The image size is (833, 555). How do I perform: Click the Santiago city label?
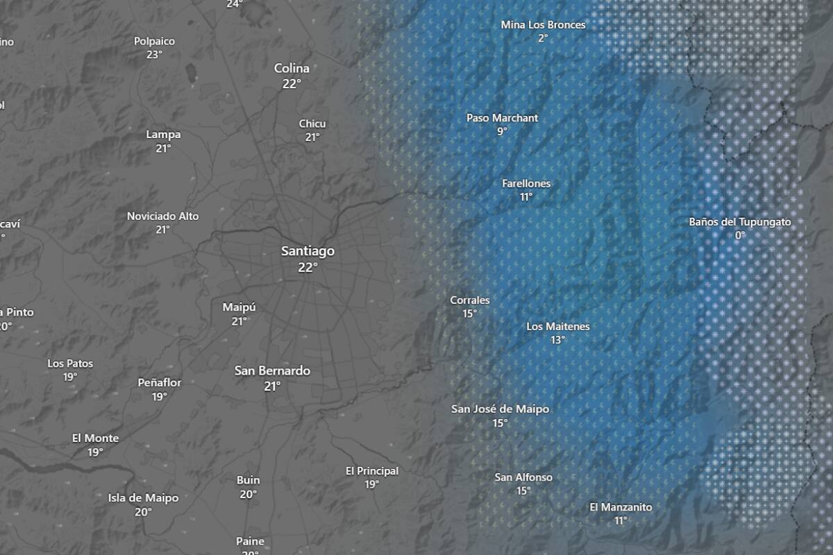(308, 251)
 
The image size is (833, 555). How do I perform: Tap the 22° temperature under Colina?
(292, 84)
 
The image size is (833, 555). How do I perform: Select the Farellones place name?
(526, 184)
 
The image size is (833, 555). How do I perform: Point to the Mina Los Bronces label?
(543, 25)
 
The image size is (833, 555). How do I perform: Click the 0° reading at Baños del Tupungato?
(740, 235)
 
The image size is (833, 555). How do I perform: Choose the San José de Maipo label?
(500, 409)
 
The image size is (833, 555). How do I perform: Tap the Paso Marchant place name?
(502, 119)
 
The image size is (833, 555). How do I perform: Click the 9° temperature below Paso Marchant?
(502, 132)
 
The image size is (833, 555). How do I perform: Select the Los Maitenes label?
(557, 327)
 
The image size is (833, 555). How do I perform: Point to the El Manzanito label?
(621, 507)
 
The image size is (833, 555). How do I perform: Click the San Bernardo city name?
(272, 371)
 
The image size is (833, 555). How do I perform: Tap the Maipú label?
(239, 307)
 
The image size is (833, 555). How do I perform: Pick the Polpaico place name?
(154, 42)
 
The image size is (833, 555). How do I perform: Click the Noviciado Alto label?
(162, 216)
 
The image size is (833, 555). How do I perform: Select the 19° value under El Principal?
(372, 485)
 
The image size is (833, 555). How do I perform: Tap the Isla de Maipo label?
(143, 498)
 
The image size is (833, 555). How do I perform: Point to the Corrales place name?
(470, 300)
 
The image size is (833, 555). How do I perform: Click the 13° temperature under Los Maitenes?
(557, 340)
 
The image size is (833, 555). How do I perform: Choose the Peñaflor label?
(160, 383)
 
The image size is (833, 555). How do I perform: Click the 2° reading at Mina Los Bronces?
(543, 38)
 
